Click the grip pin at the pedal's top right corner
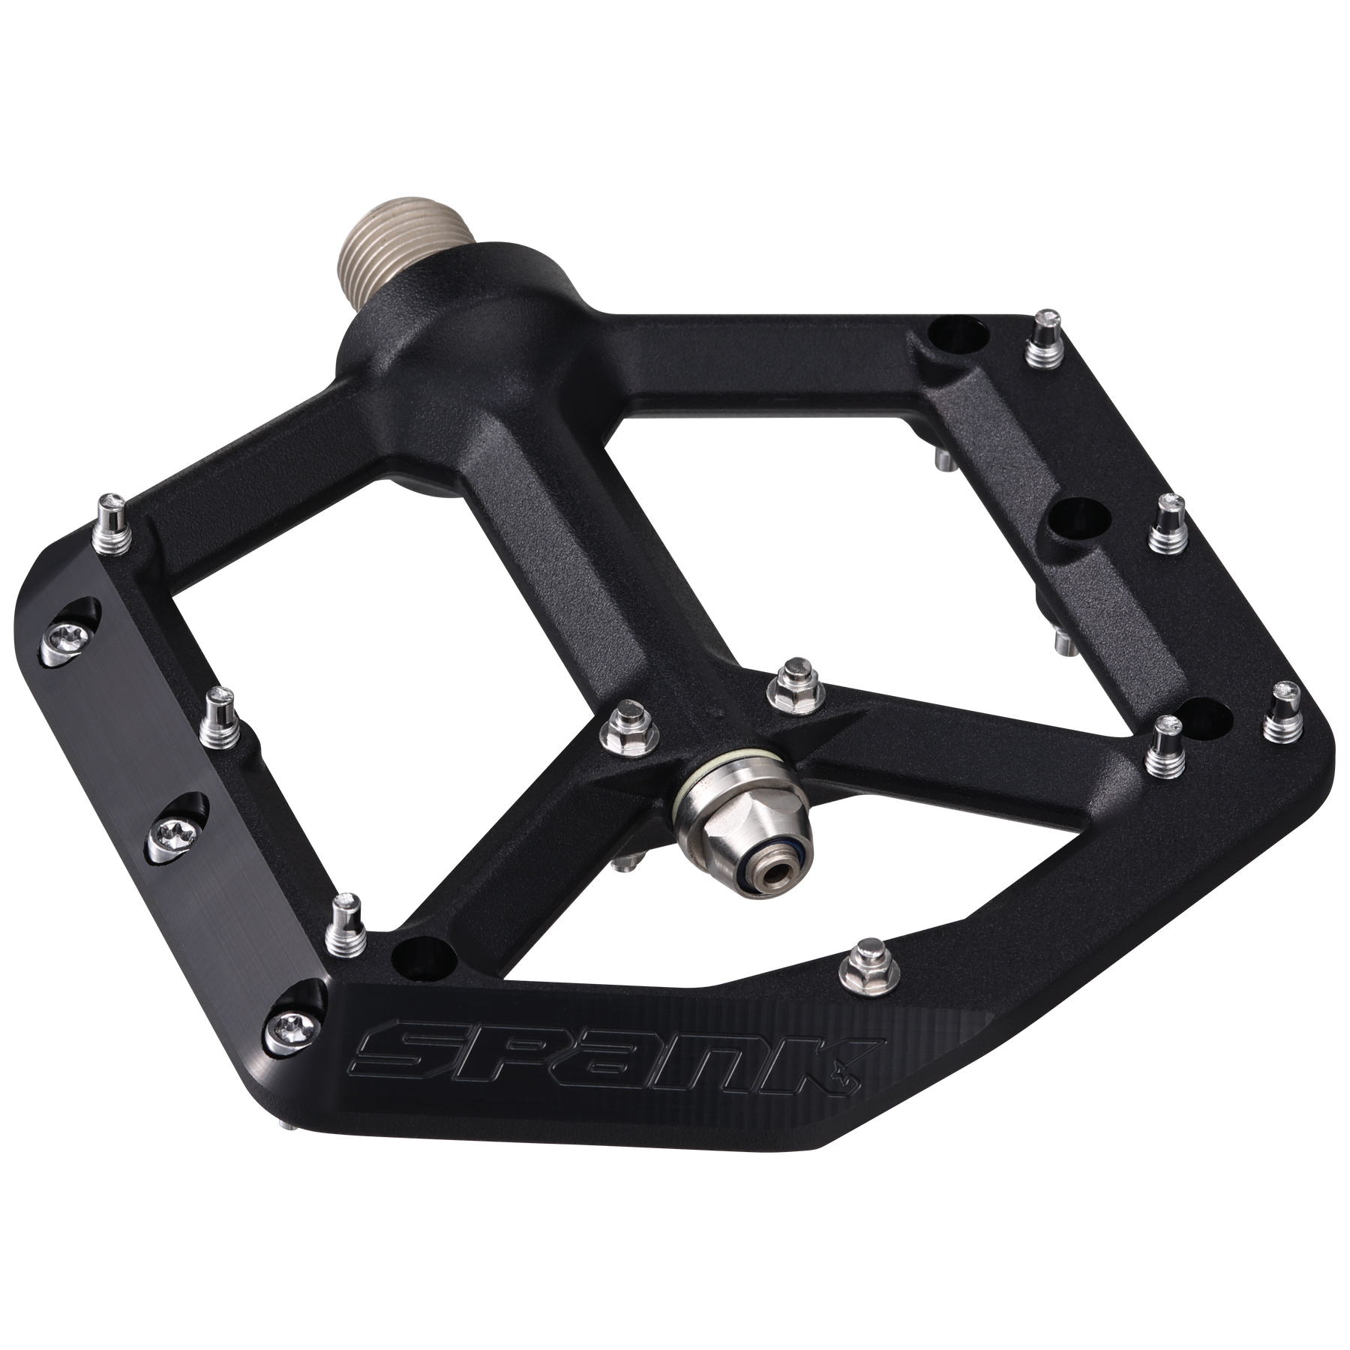[x=1043, y=345]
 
